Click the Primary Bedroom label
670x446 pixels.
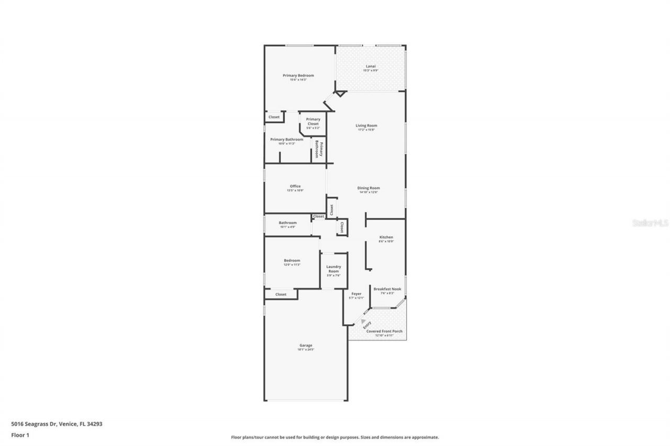point(298,76)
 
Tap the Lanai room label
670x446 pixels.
point(371,66)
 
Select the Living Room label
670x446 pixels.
point(366,125)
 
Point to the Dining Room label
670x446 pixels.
point(368,188)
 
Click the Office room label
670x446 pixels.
point(295,186)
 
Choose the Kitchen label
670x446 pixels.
point(386,237)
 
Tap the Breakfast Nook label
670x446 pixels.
point(387,289)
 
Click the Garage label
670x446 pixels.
point(306,345)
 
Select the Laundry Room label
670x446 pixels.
point(333,269)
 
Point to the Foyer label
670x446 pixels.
point(356,294)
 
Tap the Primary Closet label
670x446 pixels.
point(313,121)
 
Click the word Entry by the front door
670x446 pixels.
point(367,325)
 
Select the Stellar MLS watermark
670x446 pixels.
point(651,223)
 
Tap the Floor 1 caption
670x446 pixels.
point(20,434)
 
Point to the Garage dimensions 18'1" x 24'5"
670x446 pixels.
point(306,349)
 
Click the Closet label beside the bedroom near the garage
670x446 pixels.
point(281,294)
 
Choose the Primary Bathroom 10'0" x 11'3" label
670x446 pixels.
point(287,140)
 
